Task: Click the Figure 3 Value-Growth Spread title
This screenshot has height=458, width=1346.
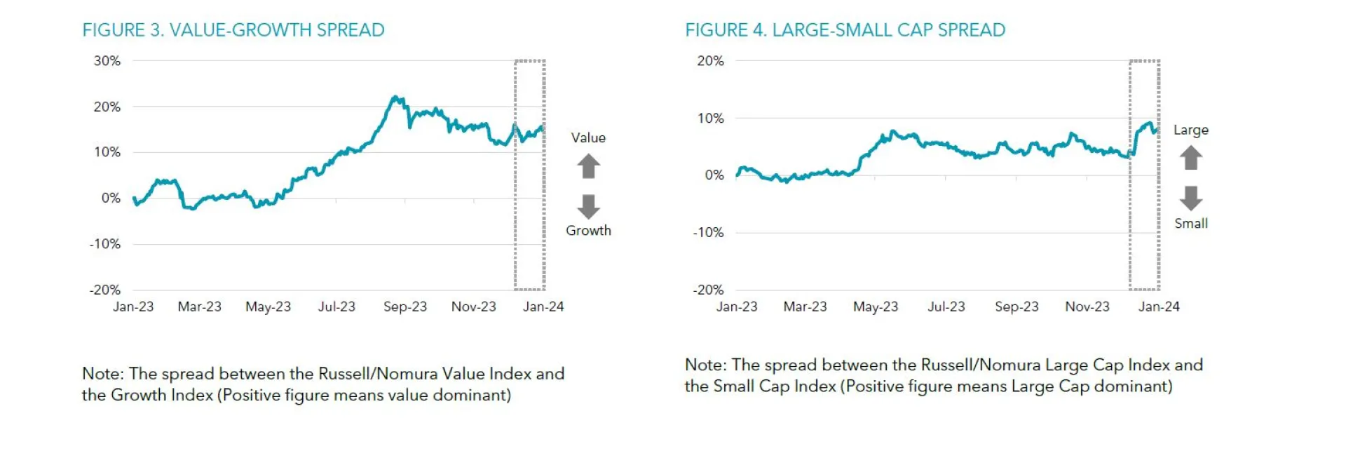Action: tap(233, 30)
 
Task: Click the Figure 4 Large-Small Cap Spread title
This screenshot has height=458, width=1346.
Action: tap(845, 30)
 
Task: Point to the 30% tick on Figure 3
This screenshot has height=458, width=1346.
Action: tap(107, 61)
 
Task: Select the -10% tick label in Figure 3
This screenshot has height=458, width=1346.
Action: tap(105, 244)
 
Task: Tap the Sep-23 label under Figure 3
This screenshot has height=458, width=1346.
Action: tap(405, 307)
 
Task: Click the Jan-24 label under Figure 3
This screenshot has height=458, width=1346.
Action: tap(543, 307)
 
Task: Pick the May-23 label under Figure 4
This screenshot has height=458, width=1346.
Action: tap(875, 307)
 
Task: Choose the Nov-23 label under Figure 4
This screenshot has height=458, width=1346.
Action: tap(1087, 307)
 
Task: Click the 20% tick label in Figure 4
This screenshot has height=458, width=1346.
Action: tap(710, 61)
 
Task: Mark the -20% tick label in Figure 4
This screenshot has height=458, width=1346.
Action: tap(708, 290)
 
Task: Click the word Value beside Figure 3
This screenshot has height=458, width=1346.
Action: tap(588, 137)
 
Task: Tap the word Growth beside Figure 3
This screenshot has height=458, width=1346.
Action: tap(588, 230)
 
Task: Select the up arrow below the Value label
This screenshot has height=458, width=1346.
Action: tap(588, 166)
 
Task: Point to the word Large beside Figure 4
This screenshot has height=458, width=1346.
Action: tap(1191, 130)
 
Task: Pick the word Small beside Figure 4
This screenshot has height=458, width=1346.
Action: tap(1191, 223)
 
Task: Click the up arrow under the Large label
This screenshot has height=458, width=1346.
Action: tap(1191, 158)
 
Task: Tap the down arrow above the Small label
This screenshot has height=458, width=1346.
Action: tap(1191, 198)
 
